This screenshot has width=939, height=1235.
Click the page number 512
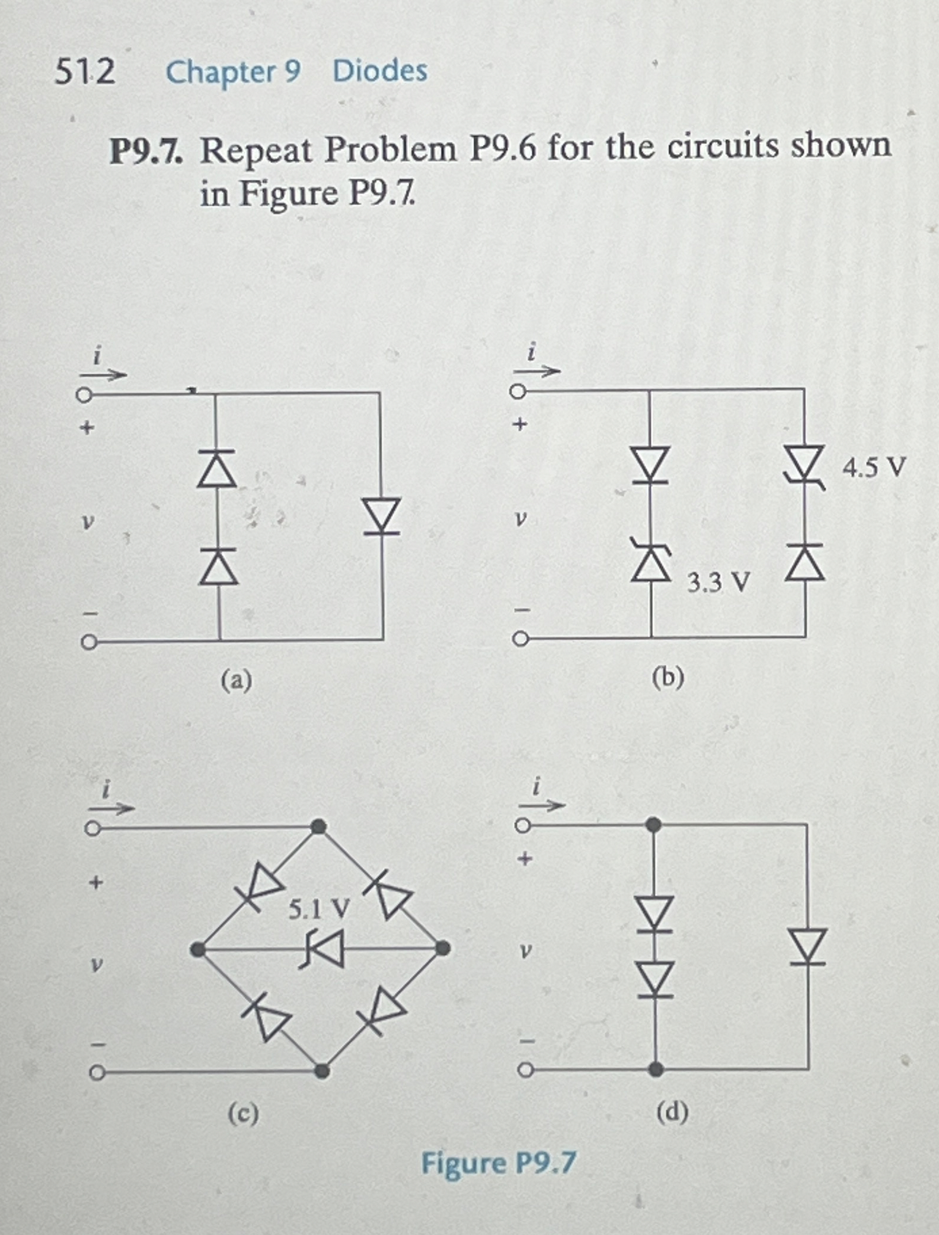coord(85,72)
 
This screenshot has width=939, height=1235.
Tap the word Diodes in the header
coord(380,71)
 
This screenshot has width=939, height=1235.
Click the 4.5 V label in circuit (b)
coord(874,468)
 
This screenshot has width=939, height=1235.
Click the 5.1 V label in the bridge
coord(319,909)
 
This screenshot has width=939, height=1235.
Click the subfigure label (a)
coord(237,680)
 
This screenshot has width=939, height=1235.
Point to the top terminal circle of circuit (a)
coord(84,395)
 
